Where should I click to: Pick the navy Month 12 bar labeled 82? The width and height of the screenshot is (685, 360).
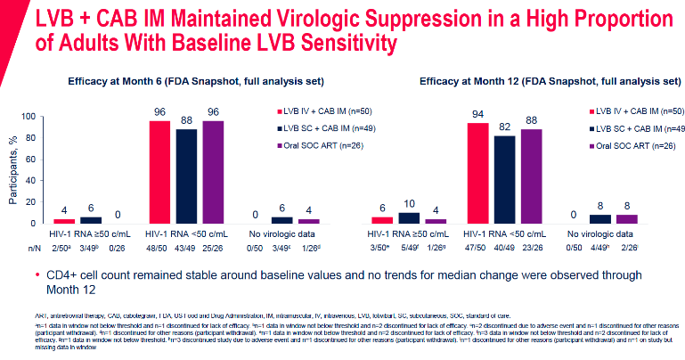tap(503, 179)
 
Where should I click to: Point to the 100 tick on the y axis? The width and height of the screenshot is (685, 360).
tap(35, 117)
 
